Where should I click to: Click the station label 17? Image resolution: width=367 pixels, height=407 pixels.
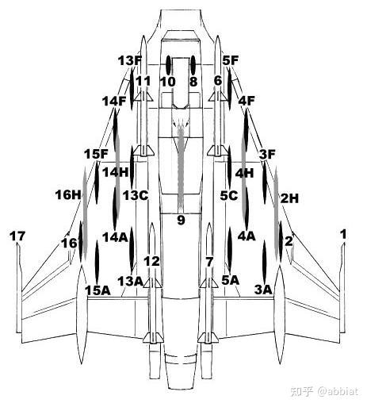[17, 236]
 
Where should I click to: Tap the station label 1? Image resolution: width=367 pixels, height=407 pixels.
[343, 234]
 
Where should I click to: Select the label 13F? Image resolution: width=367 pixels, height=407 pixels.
[130, 61]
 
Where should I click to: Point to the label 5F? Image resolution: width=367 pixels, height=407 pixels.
[231, 60]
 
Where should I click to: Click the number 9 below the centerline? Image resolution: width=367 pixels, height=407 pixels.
[181, 220]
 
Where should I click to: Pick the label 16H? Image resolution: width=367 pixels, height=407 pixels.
[68, 195]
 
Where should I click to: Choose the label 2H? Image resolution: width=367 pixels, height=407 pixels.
[289, 198]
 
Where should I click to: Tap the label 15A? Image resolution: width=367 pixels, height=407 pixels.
[97, 290]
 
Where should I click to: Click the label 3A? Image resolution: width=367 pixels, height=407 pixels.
[263, 290]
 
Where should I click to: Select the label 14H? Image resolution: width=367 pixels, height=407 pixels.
[115, 172]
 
